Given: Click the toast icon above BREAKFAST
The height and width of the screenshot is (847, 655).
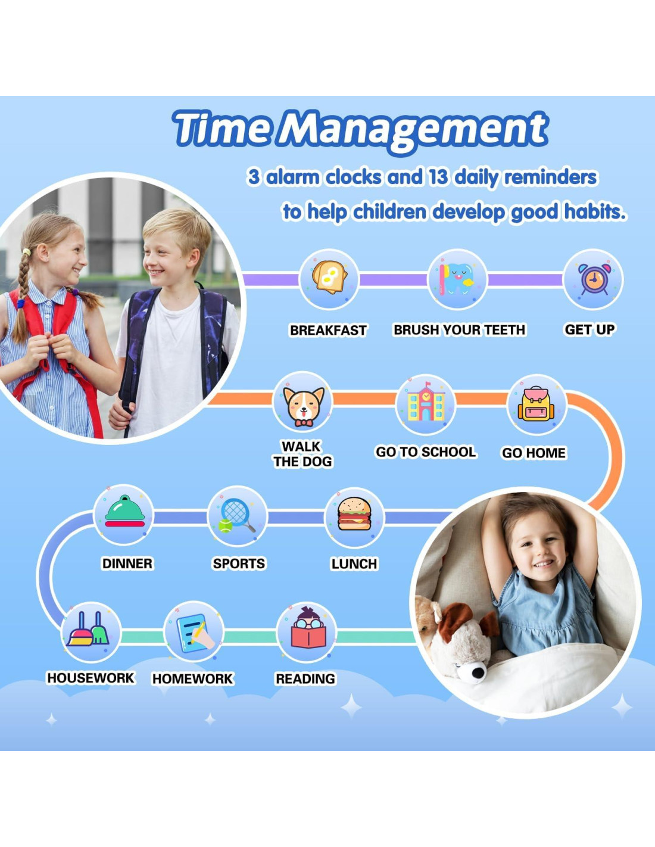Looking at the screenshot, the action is (329, 277).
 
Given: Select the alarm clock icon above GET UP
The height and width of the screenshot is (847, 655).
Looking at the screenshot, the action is (594, 279).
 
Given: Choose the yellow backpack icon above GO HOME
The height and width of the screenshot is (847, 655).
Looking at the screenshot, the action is (537, 404).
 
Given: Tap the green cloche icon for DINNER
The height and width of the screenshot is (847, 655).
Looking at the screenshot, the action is (124, 511).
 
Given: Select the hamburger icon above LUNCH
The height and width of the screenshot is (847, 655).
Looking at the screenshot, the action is (354, 513).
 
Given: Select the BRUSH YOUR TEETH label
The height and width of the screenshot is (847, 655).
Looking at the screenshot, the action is (460, 330).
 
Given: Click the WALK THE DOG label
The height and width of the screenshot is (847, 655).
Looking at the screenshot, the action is (302, 454).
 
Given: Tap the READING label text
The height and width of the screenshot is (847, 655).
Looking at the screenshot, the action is (305, 678).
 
